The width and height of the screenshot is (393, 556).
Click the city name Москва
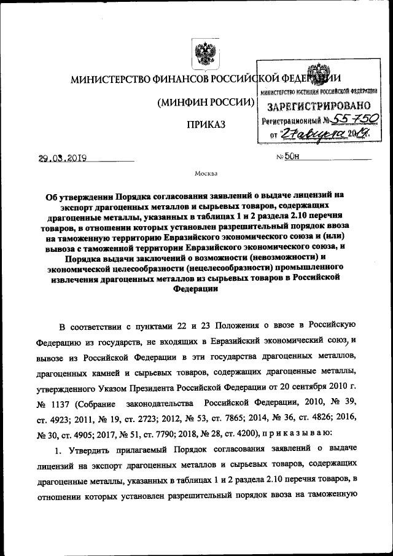tap(206, 174)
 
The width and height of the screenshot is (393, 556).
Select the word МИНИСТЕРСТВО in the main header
tap(105, 79)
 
